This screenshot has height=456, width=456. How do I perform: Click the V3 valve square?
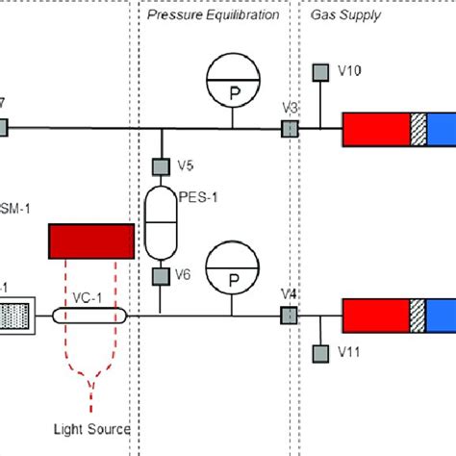point(286,128)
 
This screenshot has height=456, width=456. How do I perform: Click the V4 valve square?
point(286,315)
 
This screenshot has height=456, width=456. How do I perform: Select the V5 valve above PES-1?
point(160,166)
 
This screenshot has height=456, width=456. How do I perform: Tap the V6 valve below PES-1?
point(160,276)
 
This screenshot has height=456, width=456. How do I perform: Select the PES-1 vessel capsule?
point(160,221)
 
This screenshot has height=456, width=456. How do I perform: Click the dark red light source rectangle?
point(91,241)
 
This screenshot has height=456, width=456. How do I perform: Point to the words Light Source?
point(91,428)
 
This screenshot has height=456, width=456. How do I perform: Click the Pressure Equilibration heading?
point(214,15)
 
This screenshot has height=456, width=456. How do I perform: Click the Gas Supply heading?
point(345,15)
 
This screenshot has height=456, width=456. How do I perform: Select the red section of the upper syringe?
point(376,128)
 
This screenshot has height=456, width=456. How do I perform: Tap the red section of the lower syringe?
point(376,315)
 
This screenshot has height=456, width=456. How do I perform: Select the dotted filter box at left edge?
point(15,315)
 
